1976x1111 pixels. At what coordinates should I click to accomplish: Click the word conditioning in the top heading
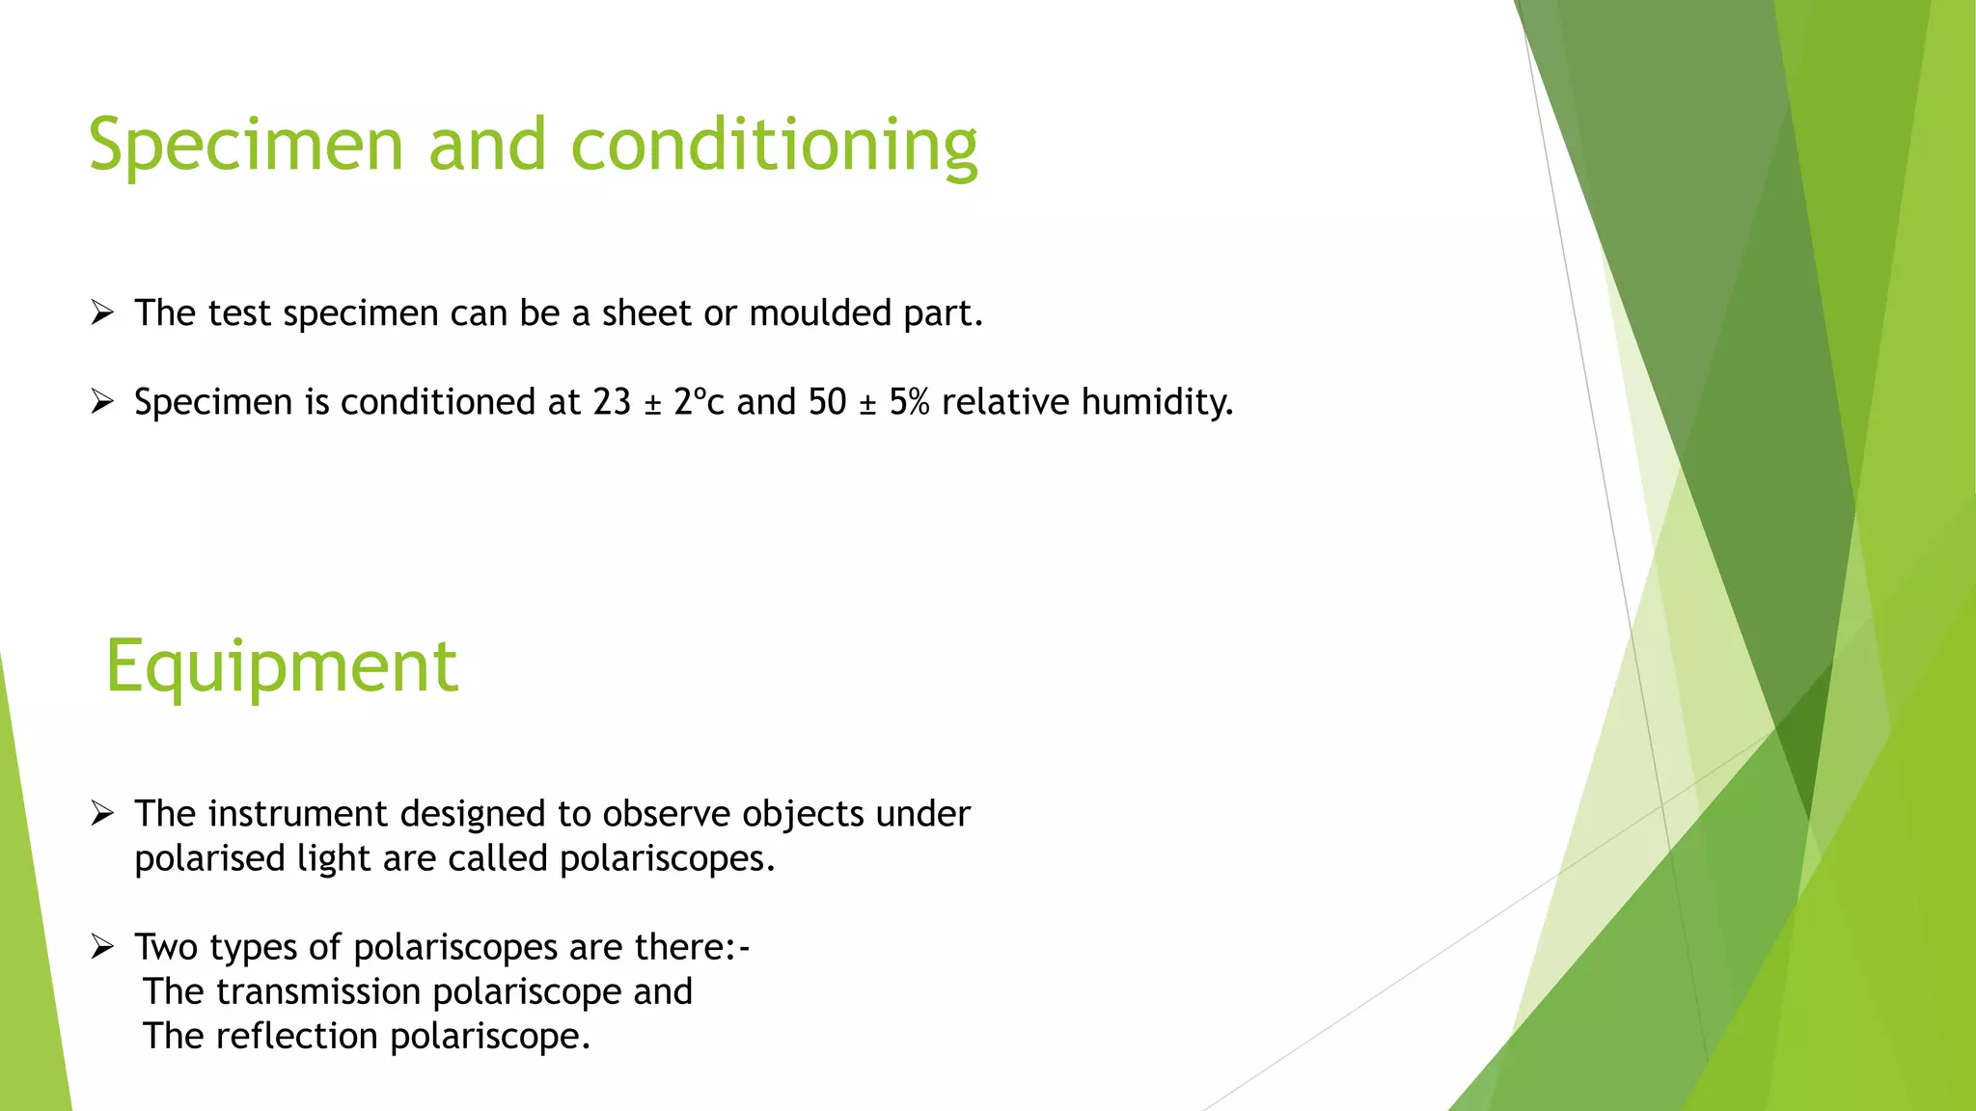point(774,147)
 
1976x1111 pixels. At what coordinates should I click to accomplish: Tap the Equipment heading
point(281,667)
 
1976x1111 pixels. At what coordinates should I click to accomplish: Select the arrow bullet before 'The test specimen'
point(102,312)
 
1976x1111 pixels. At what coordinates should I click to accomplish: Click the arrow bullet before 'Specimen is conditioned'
point(102,401)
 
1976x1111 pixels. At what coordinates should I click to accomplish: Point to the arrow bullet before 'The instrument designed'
point(102,813)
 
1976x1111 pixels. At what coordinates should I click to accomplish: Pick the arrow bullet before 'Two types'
point(102,947)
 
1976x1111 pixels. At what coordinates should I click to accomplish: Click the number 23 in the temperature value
point(612,402)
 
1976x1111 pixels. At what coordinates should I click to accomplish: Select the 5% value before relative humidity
point(909,402)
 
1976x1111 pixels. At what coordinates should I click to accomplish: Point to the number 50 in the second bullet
point(827,402)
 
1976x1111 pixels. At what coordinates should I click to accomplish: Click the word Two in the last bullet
point(166,947)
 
